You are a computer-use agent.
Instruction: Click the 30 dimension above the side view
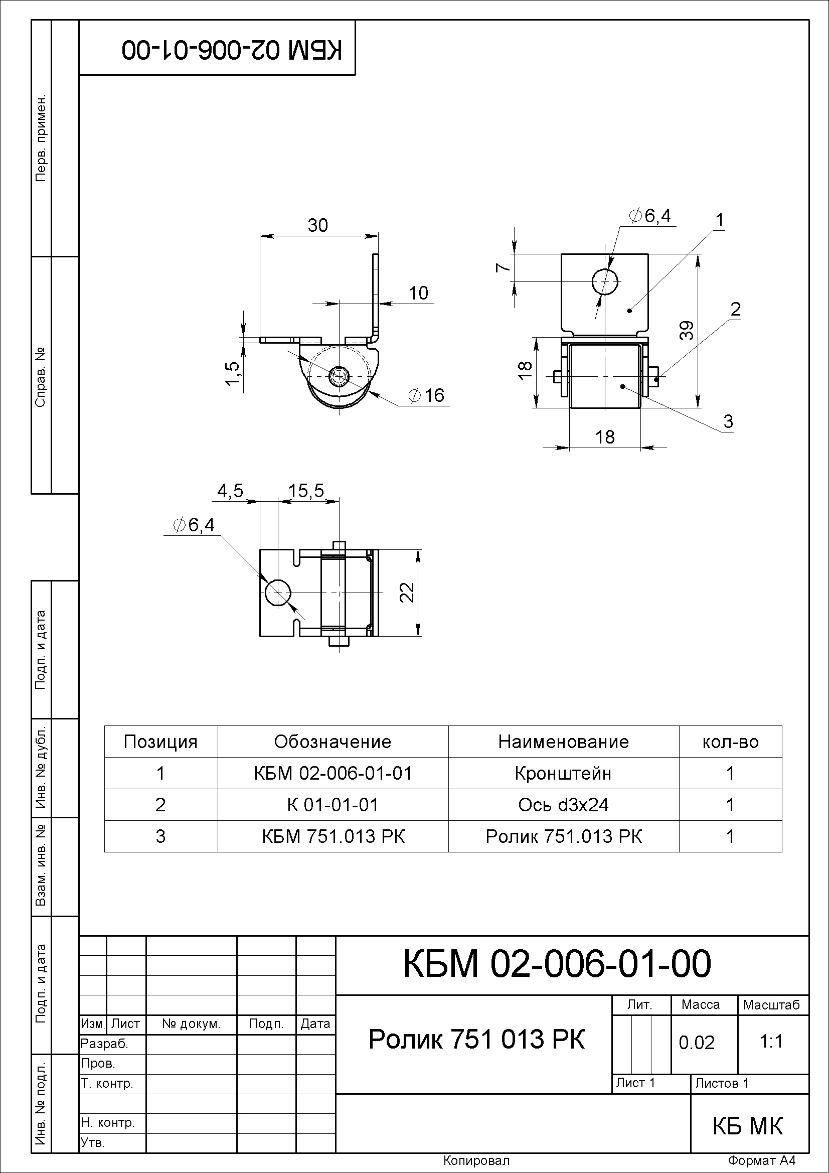(x=317, y=225)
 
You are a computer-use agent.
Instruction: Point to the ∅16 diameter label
(x=426, y=395)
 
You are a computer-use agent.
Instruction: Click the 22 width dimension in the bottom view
(x=407, y=593)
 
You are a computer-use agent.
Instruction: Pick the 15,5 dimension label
(x=306, y=491)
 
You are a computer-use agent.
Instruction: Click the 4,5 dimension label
(x=230, y=491)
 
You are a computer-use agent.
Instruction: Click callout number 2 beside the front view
(x=736, y=309)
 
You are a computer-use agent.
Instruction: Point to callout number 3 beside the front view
(x=728, y=421)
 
